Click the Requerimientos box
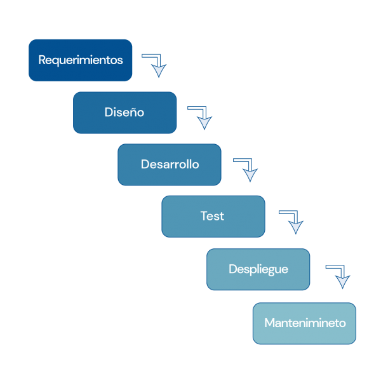pyautogui.click(x=80, y=60)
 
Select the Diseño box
pyautogui.click(x=124, y=112)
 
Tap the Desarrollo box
pyautogui.click(x=170, y=164)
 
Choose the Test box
pyautogui.click(x=213, y=216)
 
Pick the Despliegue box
pyautogui.click(x=258, y=269)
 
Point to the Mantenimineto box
pyautogui.click(x=304, y=323)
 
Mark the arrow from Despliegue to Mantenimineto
pyautogui.click(x=338, y=274)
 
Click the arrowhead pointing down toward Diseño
pyautogui.click(x=159, y=71)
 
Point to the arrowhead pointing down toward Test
pyautogui.click(x=250, y=175)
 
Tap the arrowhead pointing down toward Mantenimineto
pyautogui.click(x=342, y=282)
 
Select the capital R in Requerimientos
pyautogui.click(x=42, y=60)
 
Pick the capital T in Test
pyautogui.click(x=204, y=216)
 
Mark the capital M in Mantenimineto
pyautogui.click(x=269, y=323)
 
